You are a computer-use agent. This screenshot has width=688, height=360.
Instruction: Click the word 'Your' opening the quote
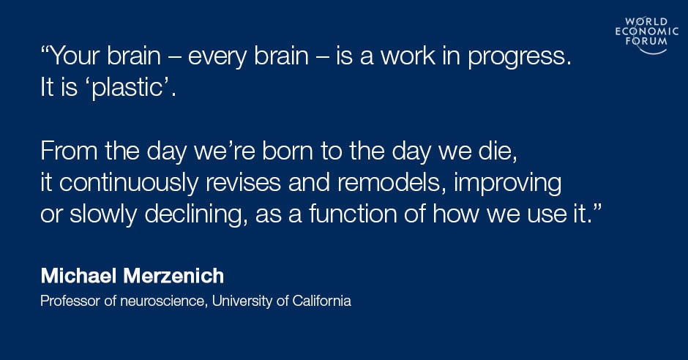pos(75,56)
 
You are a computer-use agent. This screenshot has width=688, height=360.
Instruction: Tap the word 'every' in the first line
pos(217,59)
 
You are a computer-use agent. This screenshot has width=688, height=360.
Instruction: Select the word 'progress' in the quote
pos(515,59)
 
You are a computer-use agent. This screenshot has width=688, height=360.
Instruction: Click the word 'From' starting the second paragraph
pos(69,151)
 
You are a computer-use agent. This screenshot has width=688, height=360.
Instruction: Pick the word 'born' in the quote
pos(288,151)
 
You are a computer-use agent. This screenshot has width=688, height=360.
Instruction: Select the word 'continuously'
pos(129,183)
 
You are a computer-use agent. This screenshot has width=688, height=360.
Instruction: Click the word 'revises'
pos(243,183)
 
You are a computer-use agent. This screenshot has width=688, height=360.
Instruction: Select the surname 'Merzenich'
pos(173,276)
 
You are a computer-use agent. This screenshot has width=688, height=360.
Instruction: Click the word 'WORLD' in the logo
pos(646,21)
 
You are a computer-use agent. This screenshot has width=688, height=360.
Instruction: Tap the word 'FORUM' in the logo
pos(647,41)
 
